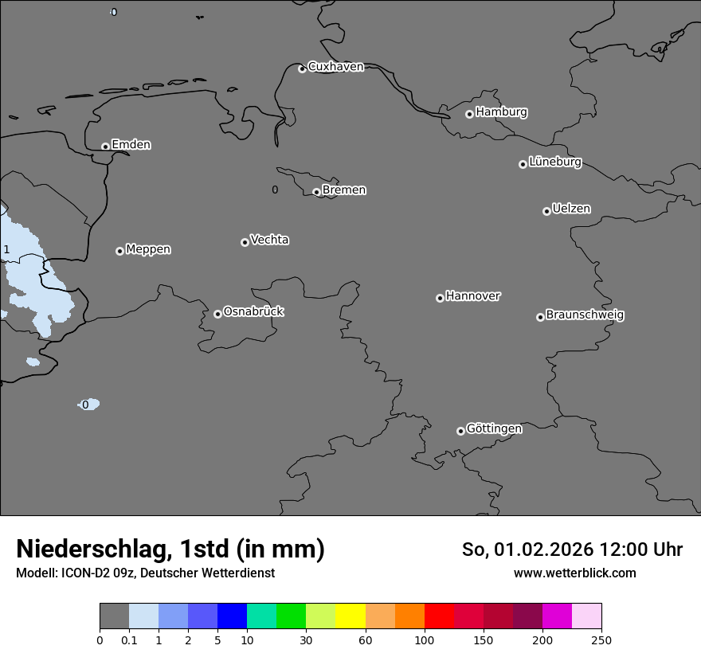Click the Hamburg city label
click(501, 112)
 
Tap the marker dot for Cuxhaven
click(302, 68)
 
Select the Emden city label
click(131, 145)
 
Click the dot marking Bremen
click(316, 192)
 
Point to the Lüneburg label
click(554, 162)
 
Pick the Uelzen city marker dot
click(546, 211)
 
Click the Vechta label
click(269, 240)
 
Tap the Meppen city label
click(148, 249)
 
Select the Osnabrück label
click(253, 311)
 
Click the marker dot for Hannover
click(440, 298)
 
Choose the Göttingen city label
click(494, 428)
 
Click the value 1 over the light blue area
click(6, 250)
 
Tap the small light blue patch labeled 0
click(89, 405)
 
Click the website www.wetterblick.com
click(574, 573)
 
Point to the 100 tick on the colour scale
click(425, 639)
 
